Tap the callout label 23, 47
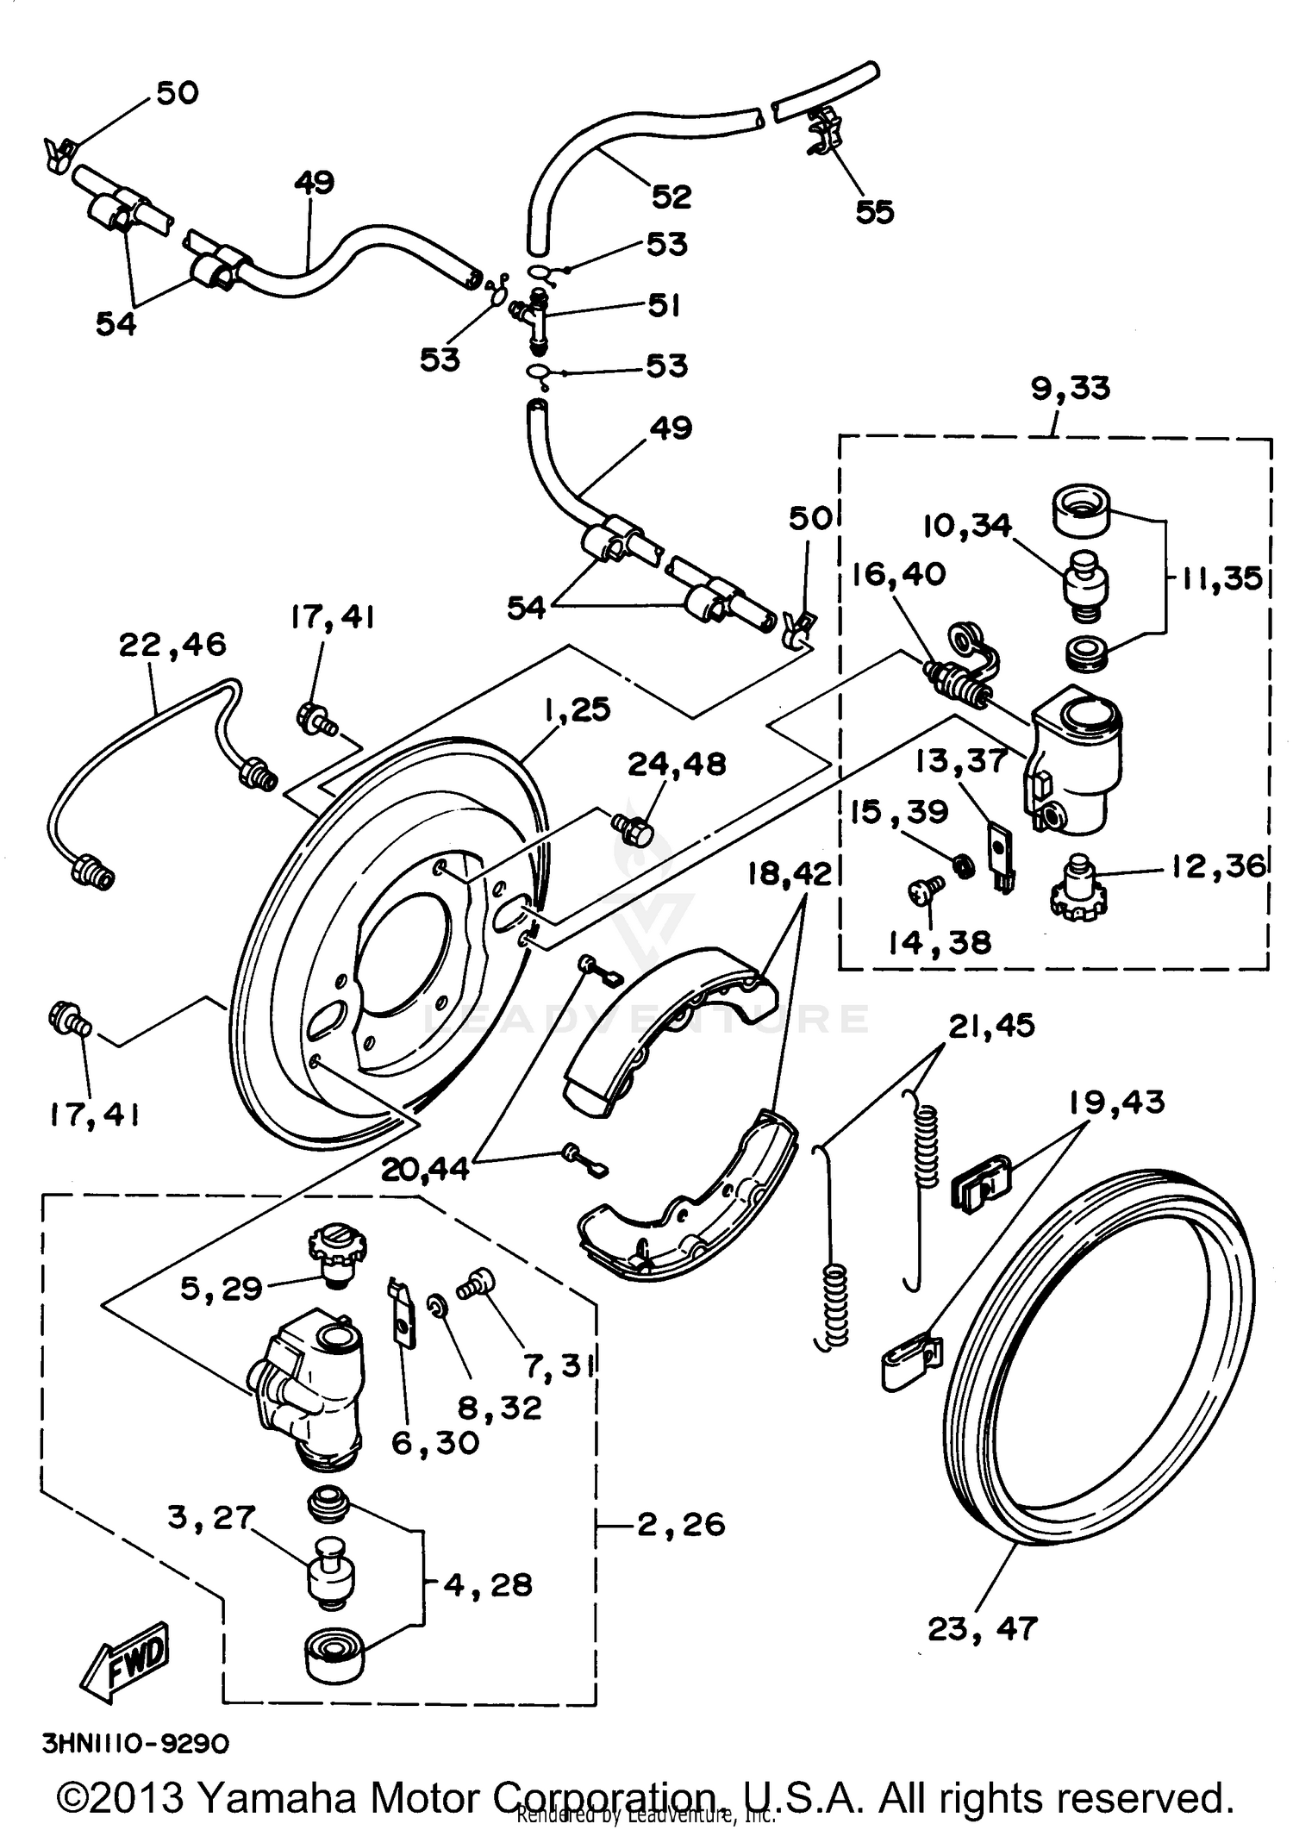point(983,1628)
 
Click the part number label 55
point(874,212)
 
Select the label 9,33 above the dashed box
point(1071,388)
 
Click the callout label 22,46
point(172,644)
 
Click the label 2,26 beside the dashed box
point(681,1524)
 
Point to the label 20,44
point(426,1169)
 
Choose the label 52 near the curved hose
point(671,197)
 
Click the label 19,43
point(1116,1102)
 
